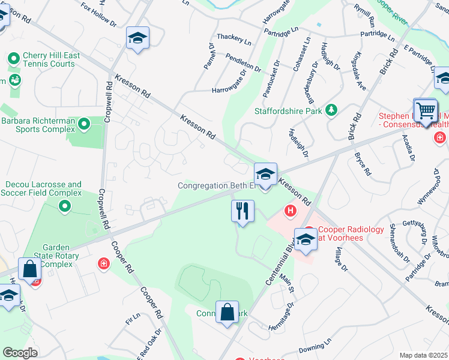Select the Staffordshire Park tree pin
330,110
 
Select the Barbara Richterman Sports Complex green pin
84,124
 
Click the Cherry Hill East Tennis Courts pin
14,59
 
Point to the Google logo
20,353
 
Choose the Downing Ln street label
315,347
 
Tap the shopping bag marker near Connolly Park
228,313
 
